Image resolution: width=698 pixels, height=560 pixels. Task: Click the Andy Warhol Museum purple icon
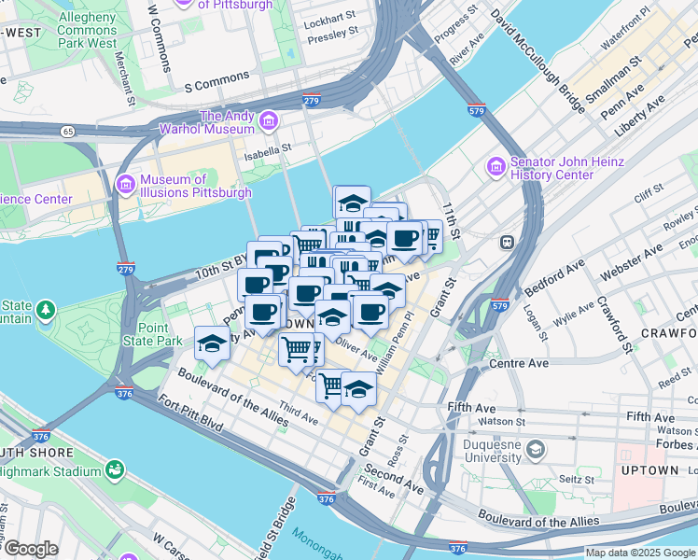[x=270, y=121]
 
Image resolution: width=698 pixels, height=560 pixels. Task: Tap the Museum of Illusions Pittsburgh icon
[x=126, y=185]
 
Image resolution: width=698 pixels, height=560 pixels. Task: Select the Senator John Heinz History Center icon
[x=496, y=167]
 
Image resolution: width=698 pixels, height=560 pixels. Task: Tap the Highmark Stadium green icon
[x=115, y=469]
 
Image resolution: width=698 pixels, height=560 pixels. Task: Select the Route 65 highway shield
[x=67, y=132]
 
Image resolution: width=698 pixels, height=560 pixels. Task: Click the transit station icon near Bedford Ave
[x=508, y=242]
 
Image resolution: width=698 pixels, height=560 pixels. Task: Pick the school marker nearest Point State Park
[x=212, y=344]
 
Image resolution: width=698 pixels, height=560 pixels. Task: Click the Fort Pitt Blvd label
[x=190, y=413]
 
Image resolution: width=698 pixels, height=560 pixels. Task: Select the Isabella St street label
[x=269, y=147]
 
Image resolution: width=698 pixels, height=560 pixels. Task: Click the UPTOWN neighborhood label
[x=670, y=469]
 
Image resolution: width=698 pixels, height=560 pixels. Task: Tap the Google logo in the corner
[x=30, y=549]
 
